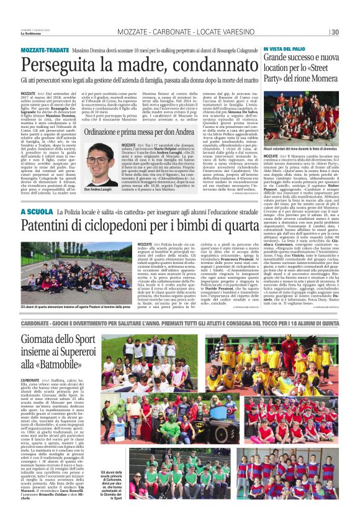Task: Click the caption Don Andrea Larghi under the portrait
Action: click(x=99, y=189)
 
